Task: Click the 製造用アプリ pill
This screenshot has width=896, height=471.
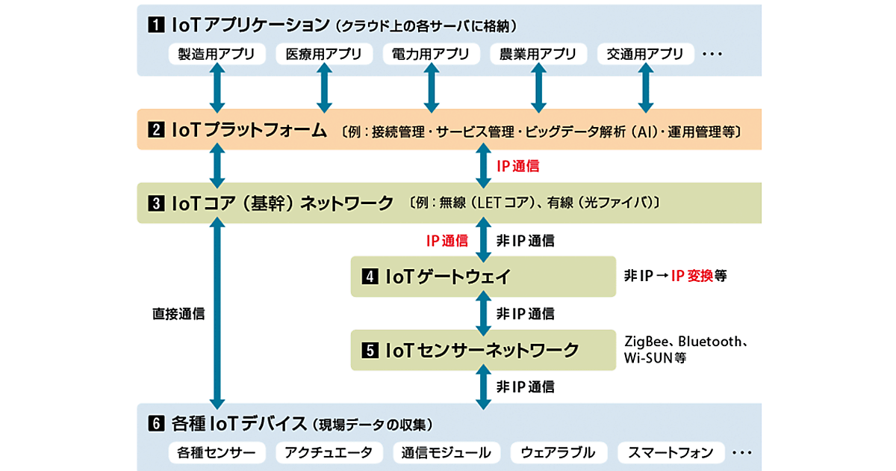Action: pos(217,54)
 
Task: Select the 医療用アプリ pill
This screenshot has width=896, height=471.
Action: pos(324,54)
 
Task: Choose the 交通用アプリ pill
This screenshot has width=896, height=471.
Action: pos(646,54)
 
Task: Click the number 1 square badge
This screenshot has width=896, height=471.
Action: pos(155,25)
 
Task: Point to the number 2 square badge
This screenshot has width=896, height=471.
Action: pos(155,132)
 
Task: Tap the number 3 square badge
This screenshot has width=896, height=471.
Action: pos(155,203)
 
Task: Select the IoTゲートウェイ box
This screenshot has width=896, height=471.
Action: pos(483,277)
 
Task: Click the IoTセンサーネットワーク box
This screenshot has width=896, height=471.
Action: pos(483,349)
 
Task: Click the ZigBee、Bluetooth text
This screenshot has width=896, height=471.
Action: pos(686,342)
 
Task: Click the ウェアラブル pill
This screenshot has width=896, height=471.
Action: pos(558,452)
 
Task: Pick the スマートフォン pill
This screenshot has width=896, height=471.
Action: pos(671,452)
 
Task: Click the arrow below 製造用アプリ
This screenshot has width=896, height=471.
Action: pos(217,87)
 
